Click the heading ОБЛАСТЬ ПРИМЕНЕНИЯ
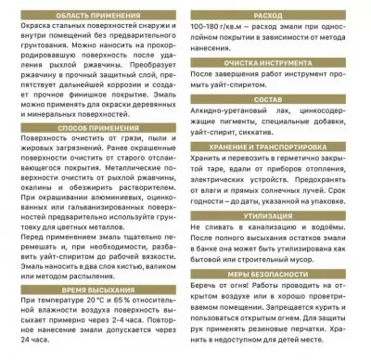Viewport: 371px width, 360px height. tap(91, 17)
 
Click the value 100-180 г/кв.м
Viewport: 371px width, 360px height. tap(217, 29)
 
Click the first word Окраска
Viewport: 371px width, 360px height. tap(27, 30)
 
